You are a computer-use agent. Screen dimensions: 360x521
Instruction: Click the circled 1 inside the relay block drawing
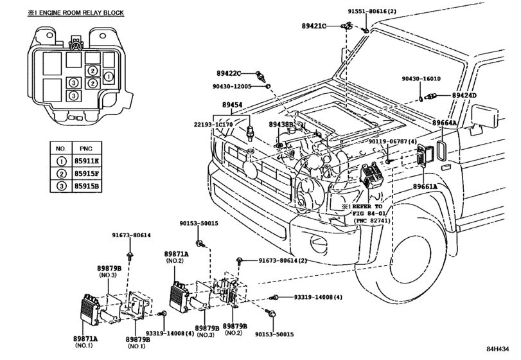pyautogui.click(x=109, y=76)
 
